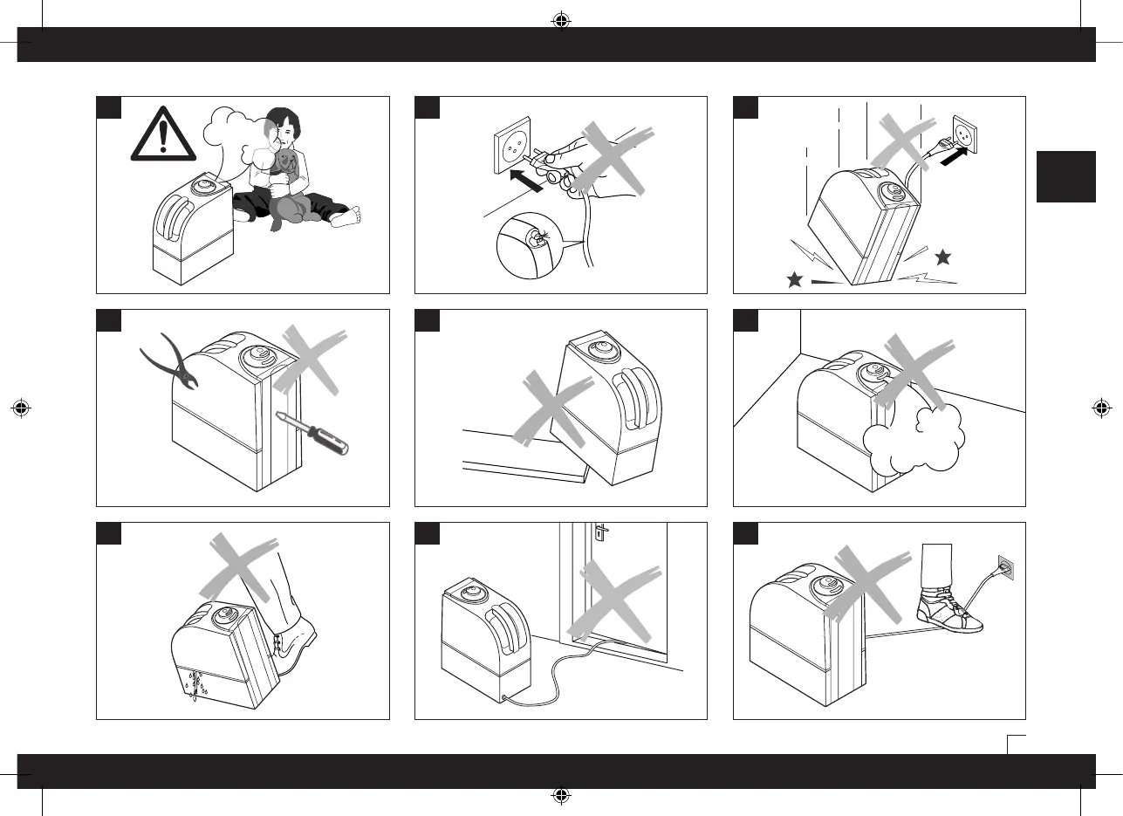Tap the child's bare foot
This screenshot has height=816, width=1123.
click(346, 216)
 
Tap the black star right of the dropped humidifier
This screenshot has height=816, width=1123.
click(942, 257)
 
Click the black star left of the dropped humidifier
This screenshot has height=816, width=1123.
click(794, 280)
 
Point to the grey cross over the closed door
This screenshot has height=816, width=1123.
click(613, 600)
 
